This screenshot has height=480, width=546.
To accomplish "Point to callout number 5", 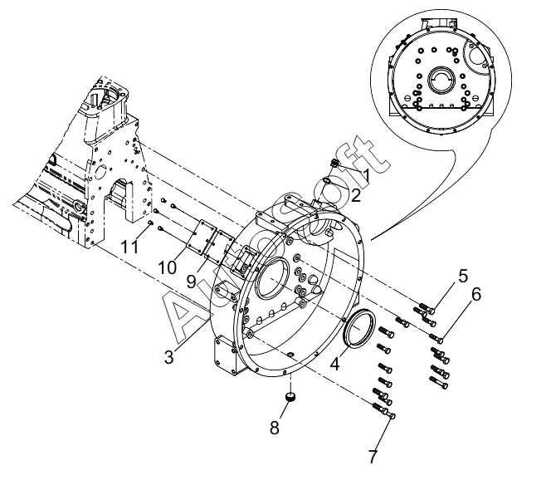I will pos(462,275).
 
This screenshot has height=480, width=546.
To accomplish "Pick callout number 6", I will pos(475,294).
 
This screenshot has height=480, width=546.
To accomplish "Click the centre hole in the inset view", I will pos(441,82).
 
